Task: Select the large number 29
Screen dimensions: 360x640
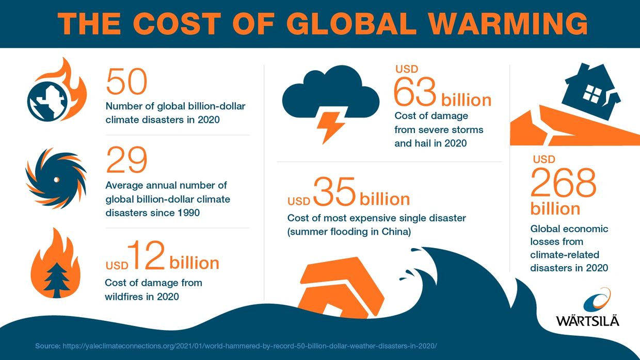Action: pyautogui.click(x=126, y=160)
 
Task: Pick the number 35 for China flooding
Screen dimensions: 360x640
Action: pyautogui.click(x=334, y=192)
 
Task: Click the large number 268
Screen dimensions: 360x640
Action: pyautogui.click(x=563, y=183)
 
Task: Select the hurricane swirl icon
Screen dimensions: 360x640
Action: pyautogui.click(x=56, y=178)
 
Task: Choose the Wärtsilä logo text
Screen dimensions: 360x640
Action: pyautogui.click(x=587, y=320)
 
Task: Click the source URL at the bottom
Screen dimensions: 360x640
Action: pyautogui.click(x=253, y=345)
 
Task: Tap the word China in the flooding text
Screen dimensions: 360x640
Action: pyautogui.click(x=395, y=232)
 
